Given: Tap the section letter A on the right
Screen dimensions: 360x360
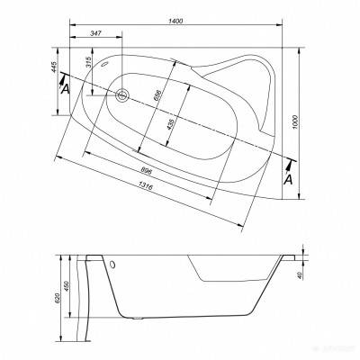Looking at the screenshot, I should click(288, 179).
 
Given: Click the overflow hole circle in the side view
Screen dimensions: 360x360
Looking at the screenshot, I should click(114, 265).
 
